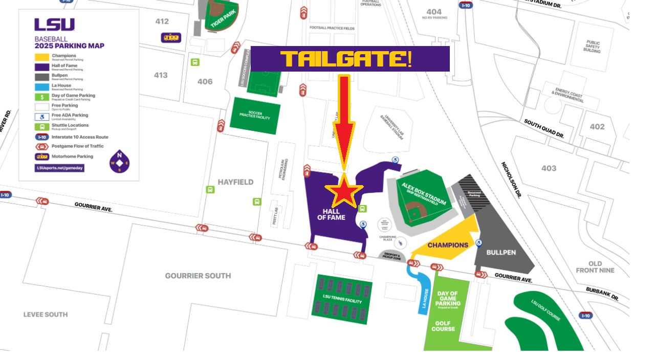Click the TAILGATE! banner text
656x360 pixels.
point(346,59)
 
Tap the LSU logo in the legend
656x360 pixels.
point(54,25)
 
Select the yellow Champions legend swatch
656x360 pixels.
point(42,58)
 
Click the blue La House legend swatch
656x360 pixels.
point(42,87)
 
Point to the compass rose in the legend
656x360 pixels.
point(119,162)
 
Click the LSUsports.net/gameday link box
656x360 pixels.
point(59,168)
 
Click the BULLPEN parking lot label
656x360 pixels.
point(501,252)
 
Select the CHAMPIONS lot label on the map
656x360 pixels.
point(448,245)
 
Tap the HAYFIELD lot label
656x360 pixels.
point(235,182)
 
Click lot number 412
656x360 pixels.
point(162,21)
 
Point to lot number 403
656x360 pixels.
point(549,168)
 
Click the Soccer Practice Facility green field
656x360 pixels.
point(255,115)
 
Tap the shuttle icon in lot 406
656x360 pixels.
point(195,62)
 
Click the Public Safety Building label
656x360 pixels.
point(592,47)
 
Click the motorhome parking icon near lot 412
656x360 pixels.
point(171,38)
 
